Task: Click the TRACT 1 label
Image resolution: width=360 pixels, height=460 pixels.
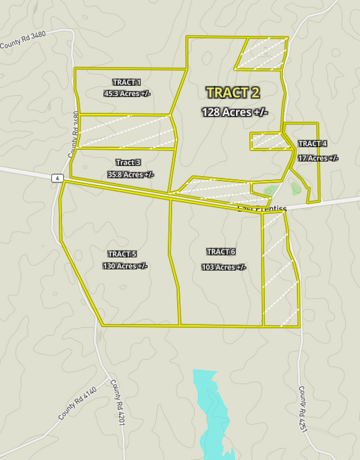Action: [x=126, y=82]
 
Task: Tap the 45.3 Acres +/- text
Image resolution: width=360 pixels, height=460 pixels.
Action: [x=126, y=94]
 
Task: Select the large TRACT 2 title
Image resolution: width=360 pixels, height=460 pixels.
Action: [x=233, y=92]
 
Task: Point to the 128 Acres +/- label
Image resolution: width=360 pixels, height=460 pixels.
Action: [x=234, y=112]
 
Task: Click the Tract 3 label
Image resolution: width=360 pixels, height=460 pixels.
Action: [x=128, y=162]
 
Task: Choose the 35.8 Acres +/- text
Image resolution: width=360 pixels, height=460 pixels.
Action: [x=131, y=174]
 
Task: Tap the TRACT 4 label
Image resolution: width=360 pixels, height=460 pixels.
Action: [x=312, y=144]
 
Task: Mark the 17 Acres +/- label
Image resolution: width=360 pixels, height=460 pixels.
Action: [x=318, y=158]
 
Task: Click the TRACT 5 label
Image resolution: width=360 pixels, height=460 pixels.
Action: [x=122, y=254]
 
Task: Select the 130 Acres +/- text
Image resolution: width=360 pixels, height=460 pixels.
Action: [x=125, y=265]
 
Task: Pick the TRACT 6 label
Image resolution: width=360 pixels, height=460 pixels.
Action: [x=221, y=251]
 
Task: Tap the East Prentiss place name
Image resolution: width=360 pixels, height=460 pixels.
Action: [x=262, y=208]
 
